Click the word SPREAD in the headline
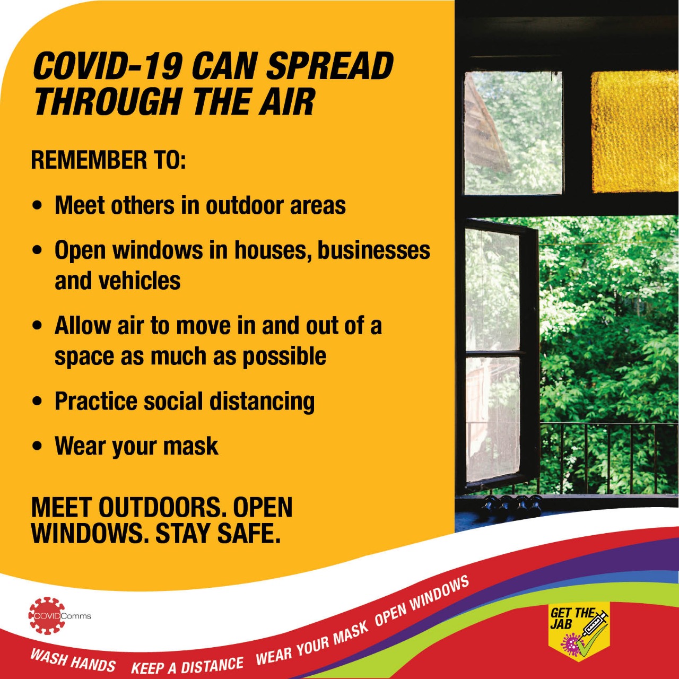coord(329,66)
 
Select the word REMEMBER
coord(89,160)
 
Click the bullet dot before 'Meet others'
coord(37,205)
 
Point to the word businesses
coord(374,250)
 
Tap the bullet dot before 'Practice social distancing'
coord(37,402)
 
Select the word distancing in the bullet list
coord(262,402)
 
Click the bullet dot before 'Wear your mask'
coord(37,446)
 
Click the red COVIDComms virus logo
coord(47,616)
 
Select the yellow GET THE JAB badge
coord(579,632)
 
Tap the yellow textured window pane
coord(634,132)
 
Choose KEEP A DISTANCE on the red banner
coord(187,665)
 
